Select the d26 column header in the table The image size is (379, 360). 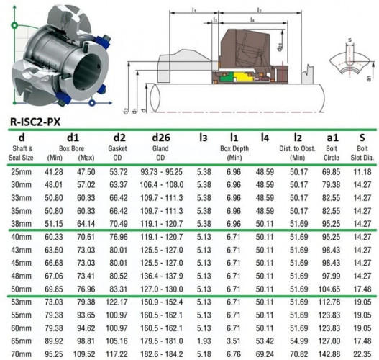pos(160,138)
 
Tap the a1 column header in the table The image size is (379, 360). pos(331,138)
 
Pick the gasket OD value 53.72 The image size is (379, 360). pos(119,172)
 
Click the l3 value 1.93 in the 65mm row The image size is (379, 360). pos(204,342)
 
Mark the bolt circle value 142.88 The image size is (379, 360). pos(331,355)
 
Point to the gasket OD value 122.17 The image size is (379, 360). pos(119,303)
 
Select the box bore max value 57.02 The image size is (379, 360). pos(86,185)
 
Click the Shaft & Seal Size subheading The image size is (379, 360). pos(22,153)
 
